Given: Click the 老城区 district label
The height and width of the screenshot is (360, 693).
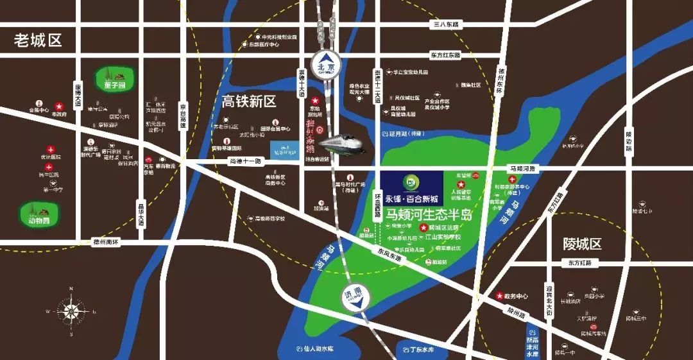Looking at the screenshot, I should [38, 40].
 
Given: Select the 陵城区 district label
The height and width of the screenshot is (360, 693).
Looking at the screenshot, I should [582, 244].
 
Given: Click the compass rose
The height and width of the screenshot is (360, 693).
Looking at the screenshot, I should [72, 313].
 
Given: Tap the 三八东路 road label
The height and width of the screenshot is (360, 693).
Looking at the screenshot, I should [447, 24].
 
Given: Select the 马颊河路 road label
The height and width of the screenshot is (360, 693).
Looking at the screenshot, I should [523, 168].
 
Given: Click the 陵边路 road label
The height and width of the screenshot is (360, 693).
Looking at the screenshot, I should [629, 142].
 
